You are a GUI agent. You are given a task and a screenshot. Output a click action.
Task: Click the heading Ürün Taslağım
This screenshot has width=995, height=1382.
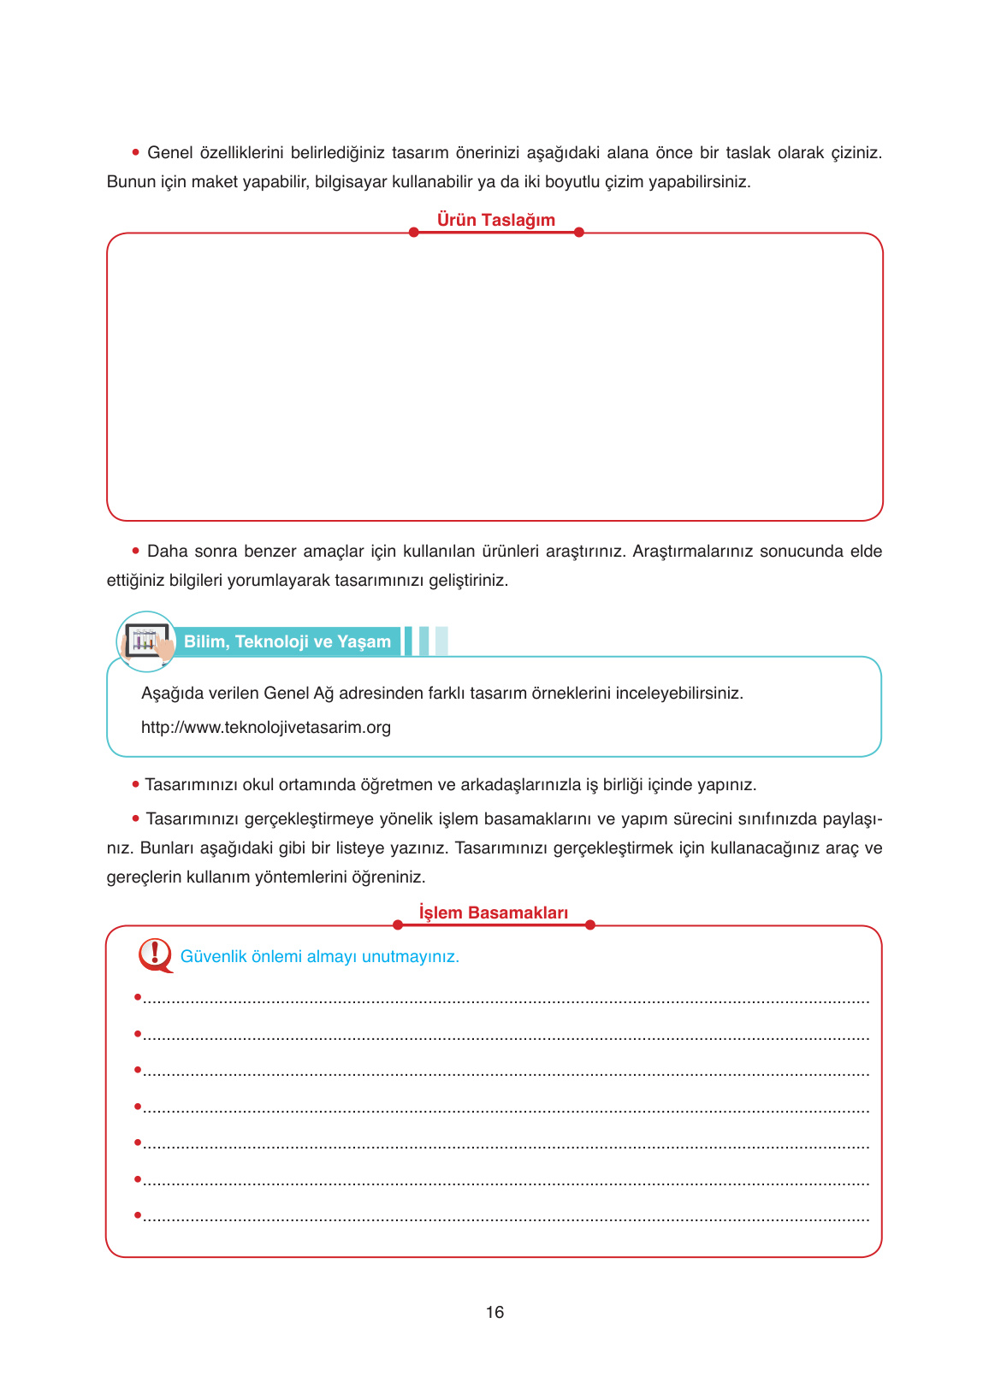(495, 220)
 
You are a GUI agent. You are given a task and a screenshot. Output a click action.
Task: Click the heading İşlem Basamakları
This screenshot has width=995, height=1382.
(493, 912)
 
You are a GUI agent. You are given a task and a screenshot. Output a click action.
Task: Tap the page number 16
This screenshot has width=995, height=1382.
(495, 1312)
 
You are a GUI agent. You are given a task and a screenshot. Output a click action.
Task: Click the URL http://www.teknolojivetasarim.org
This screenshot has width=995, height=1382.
(265, 728)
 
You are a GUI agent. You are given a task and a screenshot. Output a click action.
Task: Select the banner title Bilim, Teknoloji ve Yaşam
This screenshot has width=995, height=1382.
(287, 641)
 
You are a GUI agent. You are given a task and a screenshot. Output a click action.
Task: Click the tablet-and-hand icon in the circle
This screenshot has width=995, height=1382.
(147, 641)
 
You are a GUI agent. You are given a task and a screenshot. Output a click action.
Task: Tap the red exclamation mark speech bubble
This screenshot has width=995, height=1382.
(155, 954)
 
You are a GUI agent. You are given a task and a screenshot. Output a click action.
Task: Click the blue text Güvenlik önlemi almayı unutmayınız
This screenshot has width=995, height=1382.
(319, 956)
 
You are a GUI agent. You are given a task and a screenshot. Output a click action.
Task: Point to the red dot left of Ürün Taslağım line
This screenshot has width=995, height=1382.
(413, 233)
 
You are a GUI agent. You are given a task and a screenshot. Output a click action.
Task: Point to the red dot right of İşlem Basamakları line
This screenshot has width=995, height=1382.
(589, 924)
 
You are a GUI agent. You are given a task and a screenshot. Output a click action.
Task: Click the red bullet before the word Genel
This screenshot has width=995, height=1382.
(135, 152)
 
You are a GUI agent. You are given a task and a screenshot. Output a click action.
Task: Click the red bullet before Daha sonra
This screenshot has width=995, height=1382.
(135, 550)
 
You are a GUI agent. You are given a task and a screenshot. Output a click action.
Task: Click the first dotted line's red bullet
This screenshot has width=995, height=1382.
(137, 997)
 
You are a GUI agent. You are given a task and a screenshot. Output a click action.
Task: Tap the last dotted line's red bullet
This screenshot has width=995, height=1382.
(137, 1214)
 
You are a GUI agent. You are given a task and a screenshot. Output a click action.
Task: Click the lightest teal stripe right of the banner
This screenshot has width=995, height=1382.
(441, 641)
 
